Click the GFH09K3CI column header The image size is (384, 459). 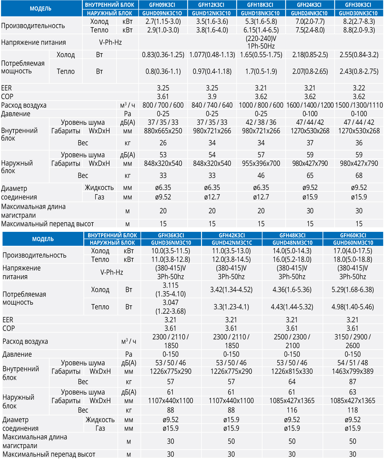[163, 5]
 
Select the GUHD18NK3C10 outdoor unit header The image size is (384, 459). [261, 13]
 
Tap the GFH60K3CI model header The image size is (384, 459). [353, 235]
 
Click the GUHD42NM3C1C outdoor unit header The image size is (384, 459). [232, 243]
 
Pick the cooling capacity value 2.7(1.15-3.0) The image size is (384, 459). [163, 21]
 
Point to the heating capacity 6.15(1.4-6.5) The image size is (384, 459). [261, 30]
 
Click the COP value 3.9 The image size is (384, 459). [212, 97]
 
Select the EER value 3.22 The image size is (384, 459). [359, 88]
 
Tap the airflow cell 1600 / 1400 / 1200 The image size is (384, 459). [310, 105]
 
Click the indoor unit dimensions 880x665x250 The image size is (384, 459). [163, 131]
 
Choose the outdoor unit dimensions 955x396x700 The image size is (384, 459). [261, 163]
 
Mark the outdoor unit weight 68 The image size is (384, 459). [359, 176]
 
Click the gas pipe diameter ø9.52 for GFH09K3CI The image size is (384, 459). [163, 197]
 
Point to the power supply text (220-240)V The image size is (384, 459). [261, 38]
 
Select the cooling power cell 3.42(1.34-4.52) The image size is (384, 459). [231, 290]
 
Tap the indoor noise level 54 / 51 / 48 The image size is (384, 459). [353, 363]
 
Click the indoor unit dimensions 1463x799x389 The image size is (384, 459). [353, 371]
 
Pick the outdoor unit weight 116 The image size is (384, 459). [292, 410]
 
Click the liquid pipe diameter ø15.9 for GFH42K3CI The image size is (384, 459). [231, 420]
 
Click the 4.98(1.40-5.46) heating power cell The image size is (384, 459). [353, 307]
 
